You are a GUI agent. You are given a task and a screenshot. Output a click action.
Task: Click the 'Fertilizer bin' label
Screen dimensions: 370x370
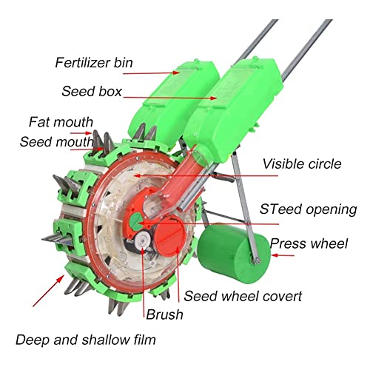tap(94, 63)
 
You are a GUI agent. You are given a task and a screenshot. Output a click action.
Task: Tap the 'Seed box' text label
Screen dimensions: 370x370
tap(92, 91)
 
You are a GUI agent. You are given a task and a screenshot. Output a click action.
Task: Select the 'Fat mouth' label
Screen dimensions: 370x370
tap(61, 122)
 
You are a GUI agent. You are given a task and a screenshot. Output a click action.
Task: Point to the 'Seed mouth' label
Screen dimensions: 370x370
tap(57, 142)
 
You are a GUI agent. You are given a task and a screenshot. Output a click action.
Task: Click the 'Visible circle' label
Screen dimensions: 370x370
tap(302, 164)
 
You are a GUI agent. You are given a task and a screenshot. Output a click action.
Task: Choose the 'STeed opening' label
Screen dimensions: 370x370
tap(309, 209)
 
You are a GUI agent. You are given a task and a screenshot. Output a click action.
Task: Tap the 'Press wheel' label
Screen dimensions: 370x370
tap(309, 243)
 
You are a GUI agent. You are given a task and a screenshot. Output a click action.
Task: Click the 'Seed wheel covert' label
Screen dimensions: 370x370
tap(243, 296)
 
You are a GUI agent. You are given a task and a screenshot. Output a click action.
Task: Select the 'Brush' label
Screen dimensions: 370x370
tap(164, 314)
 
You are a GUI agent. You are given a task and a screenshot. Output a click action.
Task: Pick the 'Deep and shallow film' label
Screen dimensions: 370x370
tap(86, 340)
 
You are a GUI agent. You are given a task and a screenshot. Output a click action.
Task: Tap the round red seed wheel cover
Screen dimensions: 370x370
tap(169, 235)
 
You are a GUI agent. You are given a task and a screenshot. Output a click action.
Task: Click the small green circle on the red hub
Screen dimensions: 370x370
tap(135, 221)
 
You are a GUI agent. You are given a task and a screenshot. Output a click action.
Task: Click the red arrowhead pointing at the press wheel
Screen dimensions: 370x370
tap(275, 255)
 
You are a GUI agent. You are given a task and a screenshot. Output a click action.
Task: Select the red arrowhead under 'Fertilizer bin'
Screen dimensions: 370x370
tap(176, 73)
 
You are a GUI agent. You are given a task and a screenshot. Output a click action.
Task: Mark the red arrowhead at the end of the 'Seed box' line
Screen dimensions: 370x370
tap(214, 98)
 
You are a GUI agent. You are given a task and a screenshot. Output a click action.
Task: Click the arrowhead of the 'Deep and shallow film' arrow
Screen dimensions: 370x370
tap(60, 279)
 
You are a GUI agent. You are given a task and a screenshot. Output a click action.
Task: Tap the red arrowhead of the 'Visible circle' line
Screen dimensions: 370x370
tap(137, 176)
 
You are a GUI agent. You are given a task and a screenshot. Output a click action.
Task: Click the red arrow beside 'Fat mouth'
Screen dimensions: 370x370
tap(81, 133)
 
